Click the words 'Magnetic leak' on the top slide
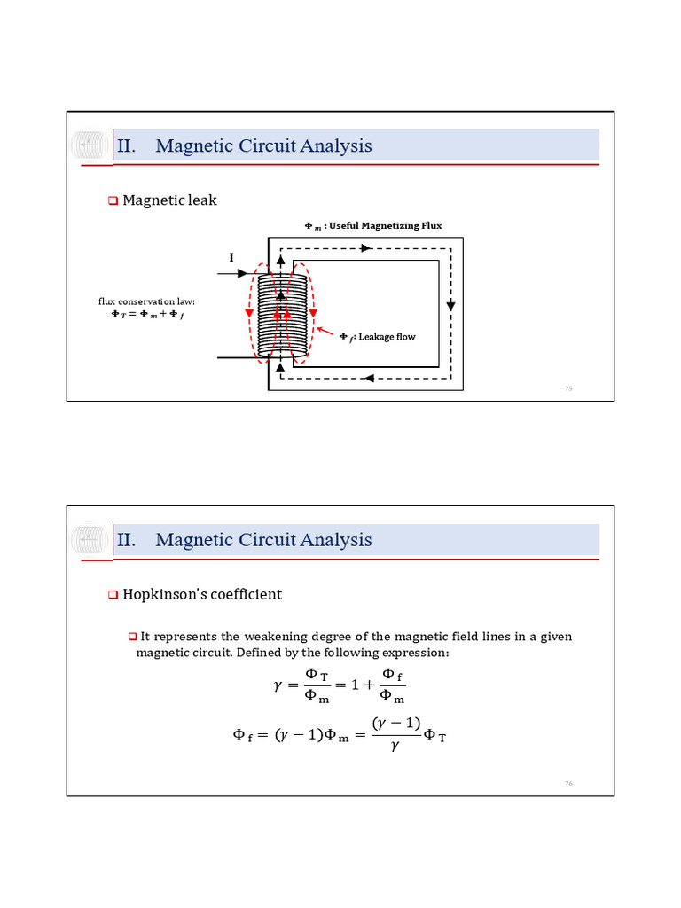[x=169, y=200]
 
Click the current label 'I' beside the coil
[x=231, y=257]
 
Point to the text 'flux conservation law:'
[x=146, y=301]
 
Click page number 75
[x=569, y=388]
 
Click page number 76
[x=569, y=783]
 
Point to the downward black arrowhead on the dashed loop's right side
[x=450, y=305]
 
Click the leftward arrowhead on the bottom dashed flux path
[x=368, y=380]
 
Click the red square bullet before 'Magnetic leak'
[x=113, y=201]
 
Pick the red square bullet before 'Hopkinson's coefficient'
[x=113, y=595]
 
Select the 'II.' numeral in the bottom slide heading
[x=126, y=540]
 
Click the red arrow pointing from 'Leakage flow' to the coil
[x=325, y=332]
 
